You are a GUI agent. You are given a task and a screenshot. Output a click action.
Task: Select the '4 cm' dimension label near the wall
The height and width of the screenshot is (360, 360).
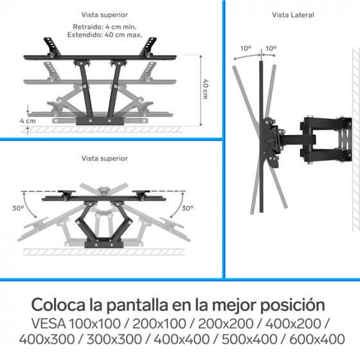coord(27,120)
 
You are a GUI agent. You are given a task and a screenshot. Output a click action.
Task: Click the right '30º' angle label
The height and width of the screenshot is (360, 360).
coord(187,208)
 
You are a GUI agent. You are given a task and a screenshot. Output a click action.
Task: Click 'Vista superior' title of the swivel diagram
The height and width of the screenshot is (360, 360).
coord(104,158)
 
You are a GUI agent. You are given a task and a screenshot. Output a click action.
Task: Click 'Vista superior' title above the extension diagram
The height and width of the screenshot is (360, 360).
coord(104,14)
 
